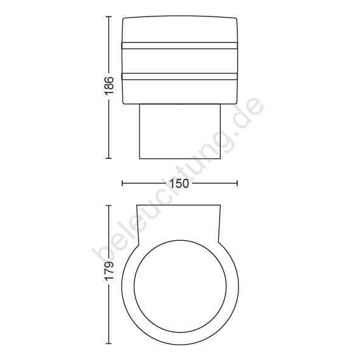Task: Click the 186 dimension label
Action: [x=109, y=86]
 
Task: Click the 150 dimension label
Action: [x=179, y=184]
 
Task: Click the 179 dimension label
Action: [x=109, y=271]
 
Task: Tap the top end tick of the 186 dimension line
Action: [x=109, y=17]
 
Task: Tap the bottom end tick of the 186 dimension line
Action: [x=109, y=158]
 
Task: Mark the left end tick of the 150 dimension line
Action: [x=122, y=183]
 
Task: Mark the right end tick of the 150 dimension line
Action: [x=237, y=183]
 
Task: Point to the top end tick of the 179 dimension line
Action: [x=109, y=206]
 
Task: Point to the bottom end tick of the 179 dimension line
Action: [x=109, y=344]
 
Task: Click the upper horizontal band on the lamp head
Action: [x=179, y=46]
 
